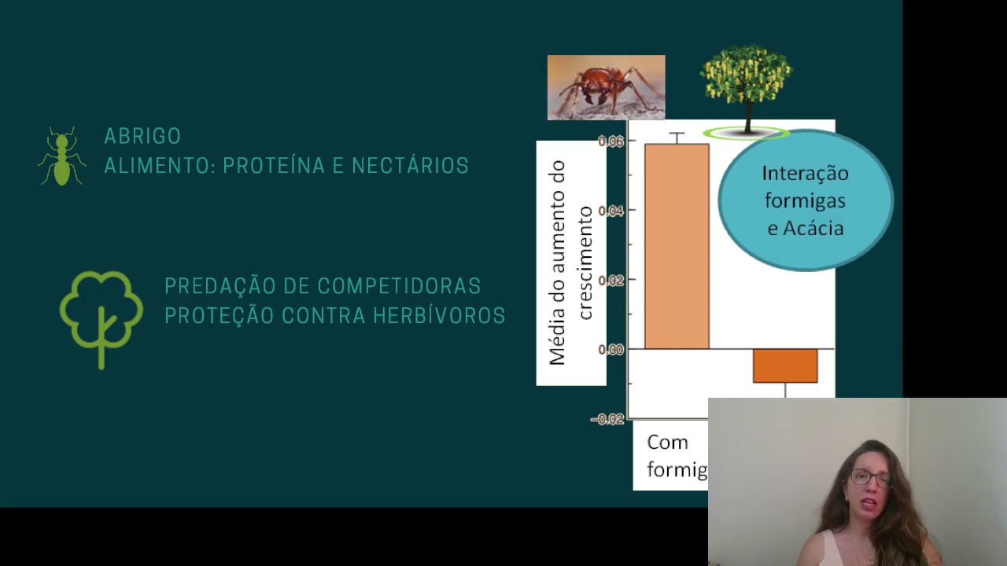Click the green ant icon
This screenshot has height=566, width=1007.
coord(62,156)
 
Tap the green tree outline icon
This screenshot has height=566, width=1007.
coord(101,317)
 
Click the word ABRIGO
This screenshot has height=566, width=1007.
coord(142,136)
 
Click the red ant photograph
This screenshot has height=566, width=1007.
coord(606,87)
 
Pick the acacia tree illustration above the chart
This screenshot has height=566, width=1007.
coord(746,86)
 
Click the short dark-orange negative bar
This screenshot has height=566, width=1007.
coord(785,366)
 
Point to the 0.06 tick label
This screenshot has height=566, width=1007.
coord(611,141)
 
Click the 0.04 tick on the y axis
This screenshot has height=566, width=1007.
coord(611,211)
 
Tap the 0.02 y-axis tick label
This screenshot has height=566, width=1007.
coord(611,280)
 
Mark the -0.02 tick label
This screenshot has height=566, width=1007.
coord(607,419)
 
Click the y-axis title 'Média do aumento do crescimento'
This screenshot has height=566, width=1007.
coord(570,263)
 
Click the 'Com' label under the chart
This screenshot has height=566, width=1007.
coord(667,443)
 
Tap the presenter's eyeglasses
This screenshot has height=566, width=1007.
coord(869,477)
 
